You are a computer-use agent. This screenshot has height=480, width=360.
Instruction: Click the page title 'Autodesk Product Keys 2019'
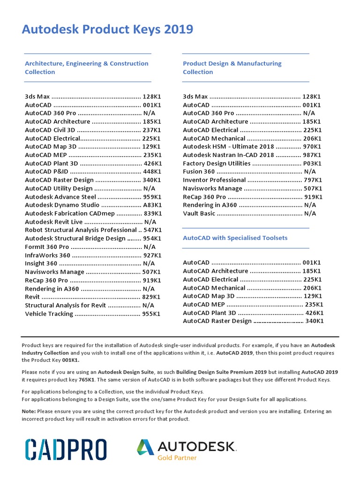[107, 30]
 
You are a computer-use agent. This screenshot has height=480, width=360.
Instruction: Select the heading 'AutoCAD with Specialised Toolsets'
[235, 238]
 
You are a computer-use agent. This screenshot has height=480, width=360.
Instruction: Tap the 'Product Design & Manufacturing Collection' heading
[232, 67]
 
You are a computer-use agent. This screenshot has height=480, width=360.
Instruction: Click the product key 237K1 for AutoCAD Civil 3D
[152, 130]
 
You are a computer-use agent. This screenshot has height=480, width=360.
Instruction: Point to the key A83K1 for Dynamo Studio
[152, 205]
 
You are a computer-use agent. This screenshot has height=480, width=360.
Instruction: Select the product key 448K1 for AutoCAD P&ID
[152, 172]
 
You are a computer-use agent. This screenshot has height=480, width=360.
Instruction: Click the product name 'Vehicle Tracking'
[49, 314]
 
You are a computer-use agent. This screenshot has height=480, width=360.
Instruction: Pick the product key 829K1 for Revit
[151, 297]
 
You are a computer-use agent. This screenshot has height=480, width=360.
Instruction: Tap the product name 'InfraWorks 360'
[47, 255]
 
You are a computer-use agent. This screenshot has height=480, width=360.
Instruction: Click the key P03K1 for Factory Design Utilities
[312, 164]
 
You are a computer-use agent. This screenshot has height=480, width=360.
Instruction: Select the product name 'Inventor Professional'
[214, 180]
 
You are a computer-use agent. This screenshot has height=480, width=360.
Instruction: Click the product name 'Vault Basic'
[199, 214]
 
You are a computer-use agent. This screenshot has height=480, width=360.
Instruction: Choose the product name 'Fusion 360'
[199, 172]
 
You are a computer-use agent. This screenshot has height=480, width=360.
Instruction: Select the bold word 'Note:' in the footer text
[29, 412]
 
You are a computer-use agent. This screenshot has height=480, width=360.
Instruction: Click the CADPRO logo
[66, 449]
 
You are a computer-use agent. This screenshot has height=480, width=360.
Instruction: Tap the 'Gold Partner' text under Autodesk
[177, 457]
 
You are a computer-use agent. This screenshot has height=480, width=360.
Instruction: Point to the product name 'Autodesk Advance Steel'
[60, 197]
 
